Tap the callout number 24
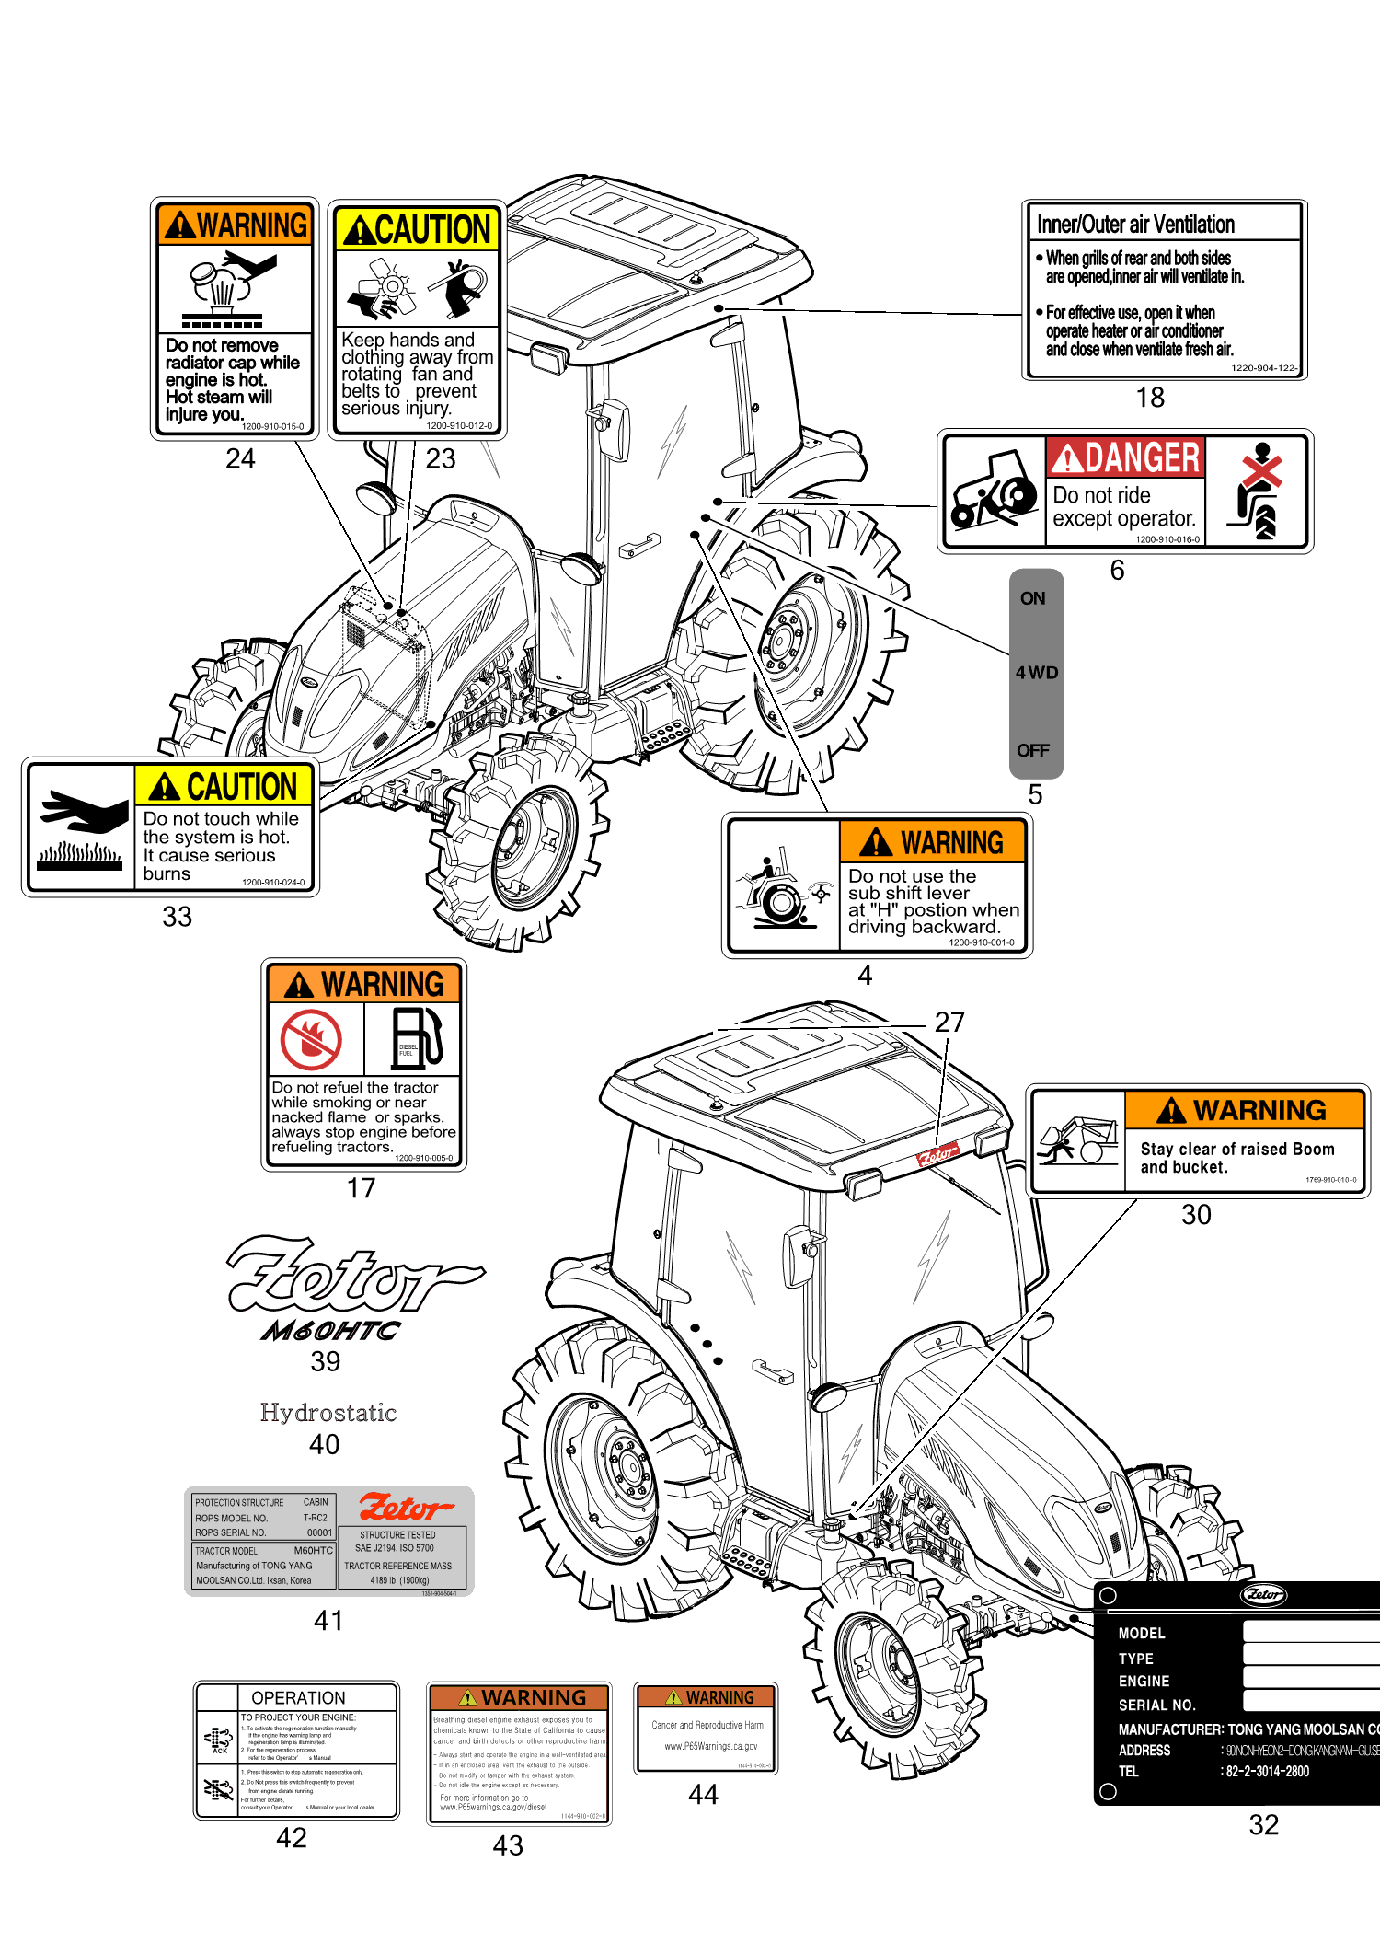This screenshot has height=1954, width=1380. (240, 458)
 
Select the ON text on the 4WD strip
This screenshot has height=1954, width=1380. (1032, 598)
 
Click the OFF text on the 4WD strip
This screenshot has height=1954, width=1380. (1032, 750)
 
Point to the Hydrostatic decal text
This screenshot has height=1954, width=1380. (328, 1413)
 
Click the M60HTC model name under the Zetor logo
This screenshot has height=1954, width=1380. (330, 1331)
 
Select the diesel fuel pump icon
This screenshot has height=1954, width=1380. (417, 1038)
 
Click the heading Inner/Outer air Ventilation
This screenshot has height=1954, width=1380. (1135, 225)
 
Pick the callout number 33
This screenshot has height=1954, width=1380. (177, 917)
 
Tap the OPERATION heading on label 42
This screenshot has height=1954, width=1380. (298, 1698)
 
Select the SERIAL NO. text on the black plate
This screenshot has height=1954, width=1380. (1156, 1705)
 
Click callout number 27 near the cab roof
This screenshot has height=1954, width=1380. (949, 1023)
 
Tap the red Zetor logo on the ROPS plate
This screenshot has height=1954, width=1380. (405, 1507)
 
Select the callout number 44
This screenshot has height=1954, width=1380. (703, 1794)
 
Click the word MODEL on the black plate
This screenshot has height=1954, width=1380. (1142, 1633)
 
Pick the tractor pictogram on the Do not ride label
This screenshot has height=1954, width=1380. (994, 491)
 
